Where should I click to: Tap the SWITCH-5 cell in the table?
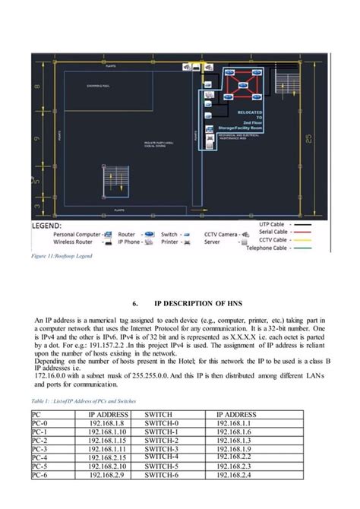click(x=162, y=466)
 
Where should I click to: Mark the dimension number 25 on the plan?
click(x=308, y=137)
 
